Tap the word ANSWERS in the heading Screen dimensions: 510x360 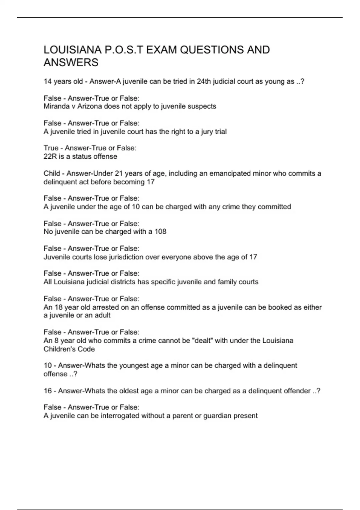(x=71, y=63)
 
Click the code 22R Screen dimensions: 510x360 (x=50, y=156)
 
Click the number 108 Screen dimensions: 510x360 (x=160, y=232)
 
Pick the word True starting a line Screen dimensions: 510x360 (x=51, y=148)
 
